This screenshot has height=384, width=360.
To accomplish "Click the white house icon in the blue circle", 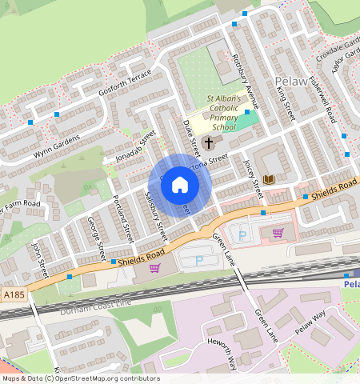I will tap(180, 186).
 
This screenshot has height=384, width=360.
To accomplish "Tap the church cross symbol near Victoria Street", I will tap(210, 143).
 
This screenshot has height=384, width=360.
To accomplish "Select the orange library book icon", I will tap(270, 178).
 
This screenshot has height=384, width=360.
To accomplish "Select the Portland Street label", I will tap(122, 218).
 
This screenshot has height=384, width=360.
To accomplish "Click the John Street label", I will tap(39, 259).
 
